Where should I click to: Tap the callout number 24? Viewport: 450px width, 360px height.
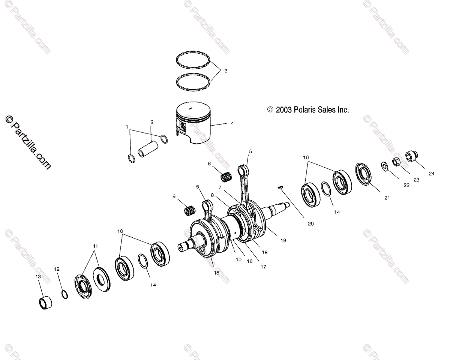click(432, 174)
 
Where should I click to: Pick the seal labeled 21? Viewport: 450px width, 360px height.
click(363, 174)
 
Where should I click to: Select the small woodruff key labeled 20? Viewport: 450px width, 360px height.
click(280, 187)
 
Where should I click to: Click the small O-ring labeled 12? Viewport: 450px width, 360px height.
click(64, 294)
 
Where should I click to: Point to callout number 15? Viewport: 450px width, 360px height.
click(216, 273)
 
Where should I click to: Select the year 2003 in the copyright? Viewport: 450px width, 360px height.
click(284, 110)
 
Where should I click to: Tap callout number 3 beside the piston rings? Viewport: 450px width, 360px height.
click(226, 70)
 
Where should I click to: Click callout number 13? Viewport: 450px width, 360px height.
click(38, 276)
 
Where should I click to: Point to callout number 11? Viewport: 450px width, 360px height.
click(95, 246)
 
